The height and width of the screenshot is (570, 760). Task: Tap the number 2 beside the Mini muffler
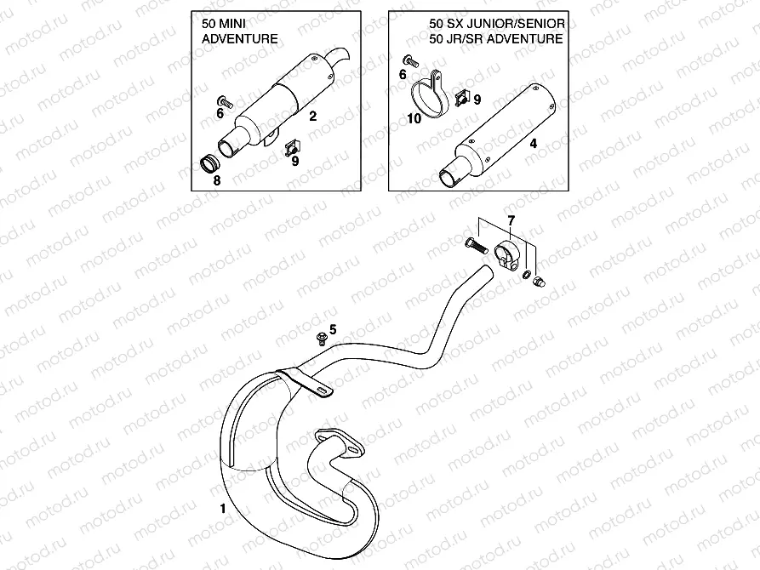(x=313, y=116)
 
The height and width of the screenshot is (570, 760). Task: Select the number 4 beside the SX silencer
(x=534, y=144)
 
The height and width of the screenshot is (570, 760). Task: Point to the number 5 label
(x=333, y=328)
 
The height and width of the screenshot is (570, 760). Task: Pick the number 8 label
(x=217, y=180)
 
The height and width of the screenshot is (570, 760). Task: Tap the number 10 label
(x=414, y=119)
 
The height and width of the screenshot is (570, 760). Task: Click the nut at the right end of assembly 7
(x=539, y=282)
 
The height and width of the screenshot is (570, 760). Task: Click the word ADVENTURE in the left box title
(x=233, y=39)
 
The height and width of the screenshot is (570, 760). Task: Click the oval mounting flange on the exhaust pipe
(x=338, y=442)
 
